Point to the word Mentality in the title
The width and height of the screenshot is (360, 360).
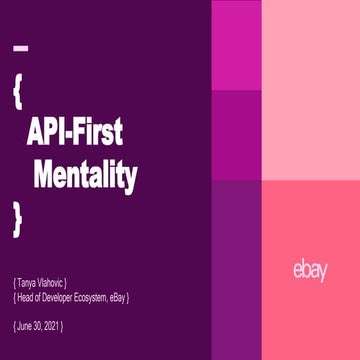pos(85,175)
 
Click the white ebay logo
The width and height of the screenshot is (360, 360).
pos(310,269)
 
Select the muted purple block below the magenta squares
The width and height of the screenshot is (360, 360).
pos(236,270)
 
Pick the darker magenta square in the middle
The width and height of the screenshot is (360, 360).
pos(236,134)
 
